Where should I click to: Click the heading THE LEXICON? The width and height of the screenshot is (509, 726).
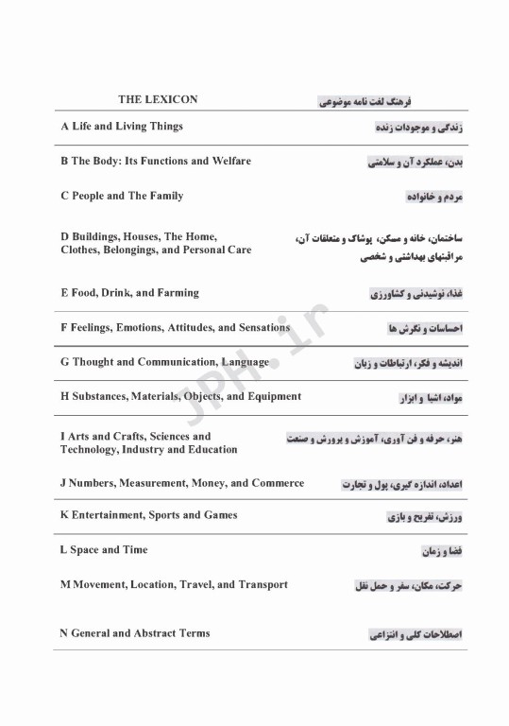[158, 99]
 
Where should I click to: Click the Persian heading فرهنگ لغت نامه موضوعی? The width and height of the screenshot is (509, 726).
[365, 100]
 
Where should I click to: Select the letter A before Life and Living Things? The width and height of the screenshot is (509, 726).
[64, 127]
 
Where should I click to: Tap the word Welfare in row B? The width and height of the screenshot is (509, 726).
[230, 162]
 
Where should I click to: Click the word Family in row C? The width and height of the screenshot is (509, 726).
[166, 197]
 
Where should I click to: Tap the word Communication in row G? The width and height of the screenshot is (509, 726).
[178, 362]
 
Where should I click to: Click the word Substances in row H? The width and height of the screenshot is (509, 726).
[99, 397]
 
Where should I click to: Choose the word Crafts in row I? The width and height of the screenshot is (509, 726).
[114, 437]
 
